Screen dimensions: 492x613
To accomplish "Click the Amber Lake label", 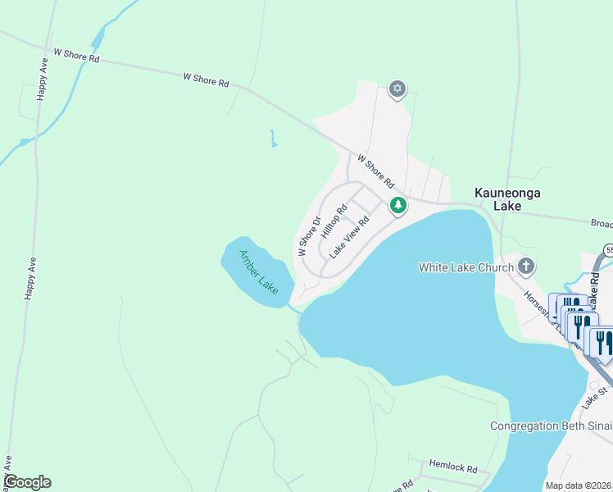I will (259, 271).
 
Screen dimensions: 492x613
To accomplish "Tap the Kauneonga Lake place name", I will (497, 199).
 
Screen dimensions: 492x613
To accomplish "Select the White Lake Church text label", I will (465, 266).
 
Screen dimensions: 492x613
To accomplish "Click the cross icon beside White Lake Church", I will (526, 266).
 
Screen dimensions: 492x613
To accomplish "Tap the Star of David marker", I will (397, 89).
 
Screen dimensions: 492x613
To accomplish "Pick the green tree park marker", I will (397, 205).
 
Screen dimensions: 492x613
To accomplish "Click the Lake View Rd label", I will (350, 238).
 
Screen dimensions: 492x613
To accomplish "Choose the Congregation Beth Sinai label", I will (550, 426).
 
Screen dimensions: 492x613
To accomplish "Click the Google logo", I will (27, 482).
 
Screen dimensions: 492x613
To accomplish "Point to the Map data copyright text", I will (579, 485).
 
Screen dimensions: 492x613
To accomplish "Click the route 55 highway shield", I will (608, 249).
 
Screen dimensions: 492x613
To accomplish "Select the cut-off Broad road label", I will (602, 222).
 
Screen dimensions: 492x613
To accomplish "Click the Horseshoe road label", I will (536, 309).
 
